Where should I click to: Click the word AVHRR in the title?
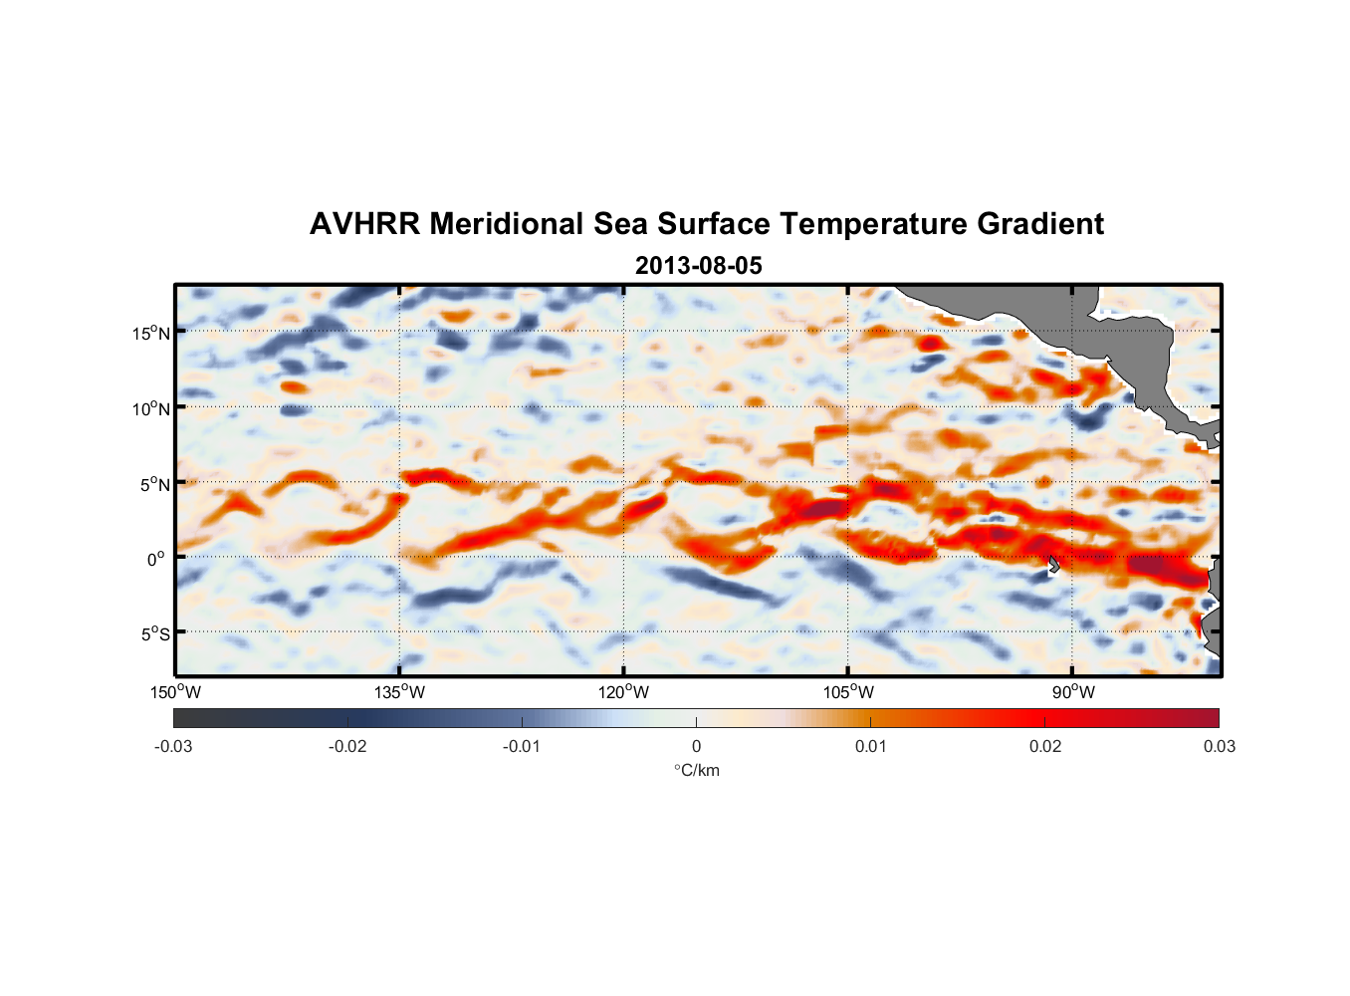pos(364,224)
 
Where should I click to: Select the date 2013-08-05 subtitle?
pos(698,266)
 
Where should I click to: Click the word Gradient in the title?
pos(1040,224)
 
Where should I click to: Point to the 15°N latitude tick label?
pos(151,333)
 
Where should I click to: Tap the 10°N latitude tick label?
pos(151,408)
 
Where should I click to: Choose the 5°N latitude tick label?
pos(154,484)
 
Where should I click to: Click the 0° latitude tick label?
pos(157,559)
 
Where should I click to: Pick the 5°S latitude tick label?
pos(154,634)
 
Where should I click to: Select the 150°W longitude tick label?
pos(176,692)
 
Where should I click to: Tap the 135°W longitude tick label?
pos(400,692)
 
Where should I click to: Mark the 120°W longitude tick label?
pos(624,692)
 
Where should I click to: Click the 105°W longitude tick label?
pos(848,692)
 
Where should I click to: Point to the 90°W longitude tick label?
pos(1073,692)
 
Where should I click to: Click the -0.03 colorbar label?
pos(173,746)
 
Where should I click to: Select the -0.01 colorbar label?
pos(522,746)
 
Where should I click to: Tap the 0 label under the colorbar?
pos(696,746)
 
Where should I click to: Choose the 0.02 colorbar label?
pos(1045,746)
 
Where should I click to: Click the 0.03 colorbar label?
pos(1219,746)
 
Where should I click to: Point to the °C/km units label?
pos(696,770)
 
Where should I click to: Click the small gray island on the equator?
pos(1054,565)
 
